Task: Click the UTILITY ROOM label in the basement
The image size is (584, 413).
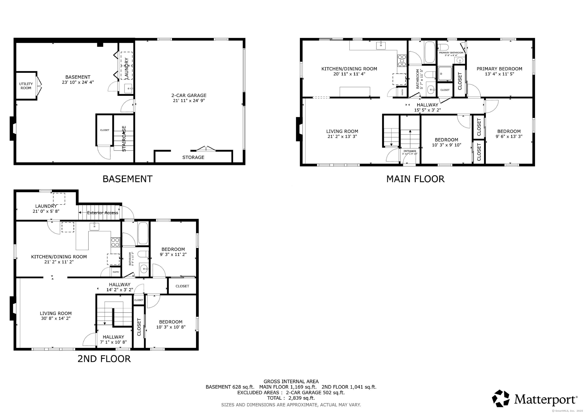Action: coord(26,86)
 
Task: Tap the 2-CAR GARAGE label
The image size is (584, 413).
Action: coord(189,95)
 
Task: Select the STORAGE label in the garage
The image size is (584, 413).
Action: coord(193,157)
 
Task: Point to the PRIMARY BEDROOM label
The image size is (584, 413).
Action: coord(499,69)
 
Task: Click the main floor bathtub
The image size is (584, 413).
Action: coord(430,52)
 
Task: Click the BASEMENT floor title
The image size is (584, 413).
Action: coord(127,179)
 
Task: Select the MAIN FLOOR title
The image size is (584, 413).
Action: coord(415,179)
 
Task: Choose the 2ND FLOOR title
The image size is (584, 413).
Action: coord(104,359)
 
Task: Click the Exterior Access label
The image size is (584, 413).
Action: coord(102,213)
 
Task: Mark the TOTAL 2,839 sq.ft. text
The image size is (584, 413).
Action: coord(291,398)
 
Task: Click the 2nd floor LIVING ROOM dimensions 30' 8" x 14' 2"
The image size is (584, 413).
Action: coord(56,318)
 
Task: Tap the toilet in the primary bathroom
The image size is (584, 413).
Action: coord(444,47)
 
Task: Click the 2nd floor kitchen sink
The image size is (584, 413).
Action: coord(94,226)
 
